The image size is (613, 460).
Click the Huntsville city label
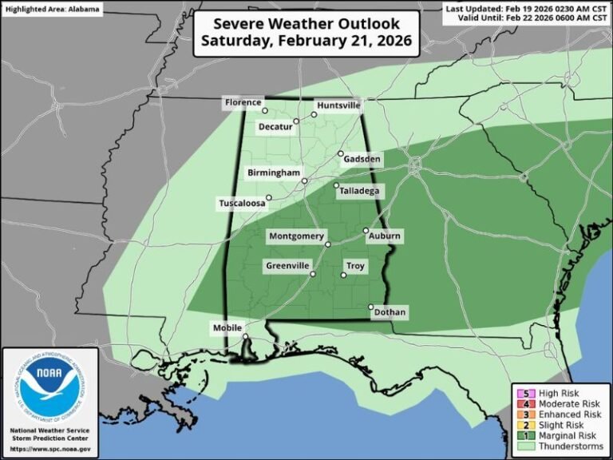click(338, 105)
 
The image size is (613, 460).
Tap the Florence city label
click(242, 102)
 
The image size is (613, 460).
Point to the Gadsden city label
click(362, 160)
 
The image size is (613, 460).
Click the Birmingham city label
click(273, 172)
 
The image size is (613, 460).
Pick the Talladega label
click(358, 191)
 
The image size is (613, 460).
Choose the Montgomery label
click(296, 236)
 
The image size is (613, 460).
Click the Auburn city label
click(384, 236)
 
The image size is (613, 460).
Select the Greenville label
click(287, 265)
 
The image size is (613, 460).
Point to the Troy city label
click(355, 265)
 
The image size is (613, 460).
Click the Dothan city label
click(390, 312)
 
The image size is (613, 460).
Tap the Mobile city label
click(227, 328)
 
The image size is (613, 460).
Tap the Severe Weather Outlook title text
click(307, 33)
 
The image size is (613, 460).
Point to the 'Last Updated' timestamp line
click(527, 8)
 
